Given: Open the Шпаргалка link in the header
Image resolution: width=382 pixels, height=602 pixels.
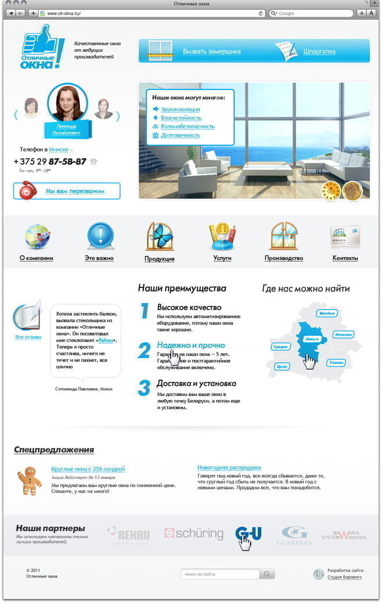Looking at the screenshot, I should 319,51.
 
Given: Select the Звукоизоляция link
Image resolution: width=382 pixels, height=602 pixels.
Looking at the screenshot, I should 180,109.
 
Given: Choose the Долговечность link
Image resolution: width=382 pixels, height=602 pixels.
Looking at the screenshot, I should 180,135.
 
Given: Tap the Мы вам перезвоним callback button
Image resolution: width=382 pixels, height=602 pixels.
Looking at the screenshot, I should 67,191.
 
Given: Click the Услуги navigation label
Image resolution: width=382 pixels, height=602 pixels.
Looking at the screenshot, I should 222,258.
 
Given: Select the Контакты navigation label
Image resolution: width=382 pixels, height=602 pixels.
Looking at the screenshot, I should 345,258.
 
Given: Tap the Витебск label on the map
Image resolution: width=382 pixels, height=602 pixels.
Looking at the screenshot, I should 328,313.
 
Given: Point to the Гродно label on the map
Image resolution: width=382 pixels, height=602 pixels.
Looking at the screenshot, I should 280,347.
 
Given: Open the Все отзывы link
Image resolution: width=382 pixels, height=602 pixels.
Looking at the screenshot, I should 28,337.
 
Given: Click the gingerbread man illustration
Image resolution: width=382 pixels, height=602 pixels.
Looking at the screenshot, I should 28,481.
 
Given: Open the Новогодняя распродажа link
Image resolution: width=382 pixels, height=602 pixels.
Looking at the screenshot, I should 229,467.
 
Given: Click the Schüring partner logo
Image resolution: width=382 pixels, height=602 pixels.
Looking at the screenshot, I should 193,533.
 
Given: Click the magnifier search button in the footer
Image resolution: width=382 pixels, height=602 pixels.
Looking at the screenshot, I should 267,574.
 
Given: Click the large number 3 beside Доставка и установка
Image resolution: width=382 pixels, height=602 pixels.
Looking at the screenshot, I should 144,388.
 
